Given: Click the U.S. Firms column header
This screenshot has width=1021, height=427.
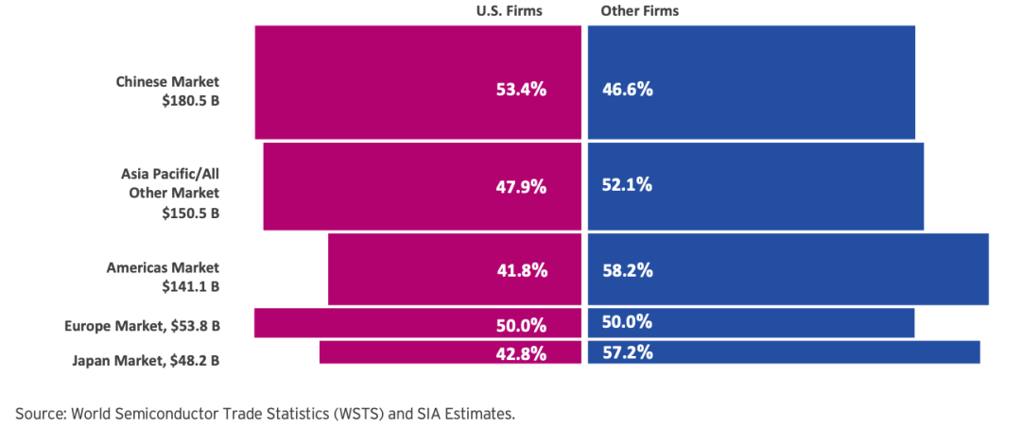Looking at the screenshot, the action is [510, 11].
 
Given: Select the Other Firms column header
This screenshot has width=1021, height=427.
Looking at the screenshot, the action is [639, 11].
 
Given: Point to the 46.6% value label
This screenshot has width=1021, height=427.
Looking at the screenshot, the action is [627, 89].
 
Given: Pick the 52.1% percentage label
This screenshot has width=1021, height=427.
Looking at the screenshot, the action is [627, 185].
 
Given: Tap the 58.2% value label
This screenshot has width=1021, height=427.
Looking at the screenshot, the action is [627, 270].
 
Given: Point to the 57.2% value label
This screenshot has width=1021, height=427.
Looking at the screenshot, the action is [627, 352].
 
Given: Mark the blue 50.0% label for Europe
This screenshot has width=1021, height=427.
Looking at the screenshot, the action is [627, 321].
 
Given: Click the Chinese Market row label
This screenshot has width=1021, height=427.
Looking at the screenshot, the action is [168, 82].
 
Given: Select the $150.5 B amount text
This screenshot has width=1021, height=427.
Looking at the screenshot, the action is [191, 213].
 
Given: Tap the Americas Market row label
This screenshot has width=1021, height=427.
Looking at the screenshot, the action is [164, 267].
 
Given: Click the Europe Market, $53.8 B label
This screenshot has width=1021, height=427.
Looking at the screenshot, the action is [142, 326].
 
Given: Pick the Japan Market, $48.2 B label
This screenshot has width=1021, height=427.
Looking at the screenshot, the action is [146, 359].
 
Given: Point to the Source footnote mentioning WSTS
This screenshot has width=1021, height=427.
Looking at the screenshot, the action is [265, 414].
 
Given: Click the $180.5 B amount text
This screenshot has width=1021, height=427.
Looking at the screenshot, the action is [191, 101].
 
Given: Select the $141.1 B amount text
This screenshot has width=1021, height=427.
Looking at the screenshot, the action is [191, 287].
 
